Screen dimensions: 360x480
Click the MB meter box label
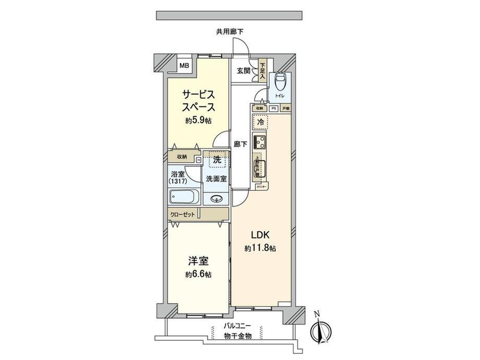point(184,66)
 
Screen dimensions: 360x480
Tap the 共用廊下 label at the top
point(230,31)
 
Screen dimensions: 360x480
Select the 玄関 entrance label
point(243,71)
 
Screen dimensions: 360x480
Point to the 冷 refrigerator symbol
point(260,121)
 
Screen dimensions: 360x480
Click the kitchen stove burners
point(260,141)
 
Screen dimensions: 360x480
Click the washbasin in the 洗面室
point(217,199)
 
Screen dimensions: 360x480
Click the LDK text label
point(260,233)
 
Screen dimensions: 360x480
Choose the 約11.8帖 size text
point(260,248)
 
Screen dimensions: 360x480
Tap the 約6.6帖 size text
point(197,274)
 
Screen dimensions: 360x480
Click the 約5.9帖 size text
point(197,121)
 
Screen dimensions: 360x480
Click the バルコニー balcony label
point(237,326)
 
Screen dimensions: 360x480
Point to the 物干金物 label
point(237,337)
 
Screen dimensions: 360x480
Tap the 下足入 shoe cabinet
point(262,71)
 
